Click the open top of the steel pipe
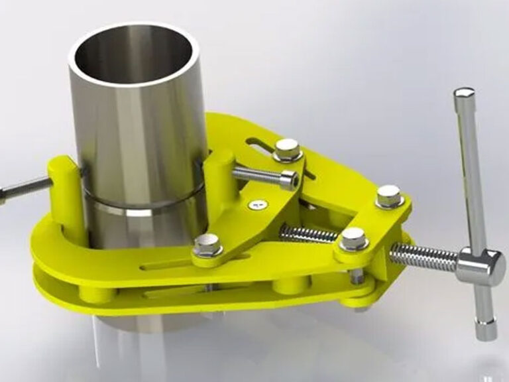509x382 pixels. [135, 56]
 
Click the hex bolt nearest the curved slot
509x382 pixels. [288, 149]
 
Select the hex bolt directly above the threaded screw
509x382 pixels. [353, 238]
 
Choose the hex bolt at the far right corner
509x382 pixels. [388, 196]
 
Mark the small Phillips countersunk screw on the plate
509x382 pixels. [258, 205]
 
